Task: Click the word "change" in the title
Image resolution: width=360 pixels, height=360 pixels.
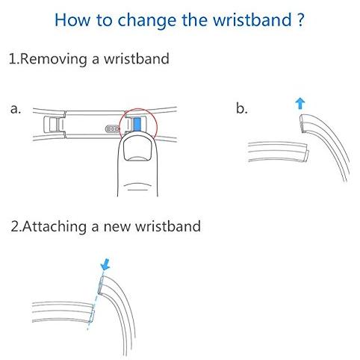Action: pyautogui.click(x=147, y=20)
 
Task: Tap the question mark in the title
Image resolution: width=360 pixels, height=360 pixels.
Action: pyautogui.click(x=300, y=19)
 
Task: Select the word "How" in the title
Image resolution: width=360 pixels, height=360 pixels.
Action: pyautogui.click(x=72, y=19)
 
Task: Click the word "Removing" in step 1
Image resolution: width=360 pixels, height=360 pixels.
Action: pyautogui.click(x=54, y=59)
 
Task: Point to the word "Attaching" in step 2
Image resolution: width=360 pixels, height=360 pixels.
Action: pyautogui.click(x=55, y=227)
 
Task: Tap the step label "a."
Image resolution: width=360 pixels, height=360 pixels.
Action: pyautogui.click(x=16, y=109)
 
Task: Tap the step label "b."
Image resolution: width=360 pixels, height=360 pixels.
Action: pyautogui.click(x=242, y=108)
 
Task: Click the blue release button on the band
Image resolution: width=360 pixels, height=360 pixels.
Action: pyautogui.click(x=137, y=124)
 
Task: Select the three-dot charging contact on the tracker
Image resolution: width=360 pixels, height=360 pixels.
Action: pyautogui.click(x=112, y=128)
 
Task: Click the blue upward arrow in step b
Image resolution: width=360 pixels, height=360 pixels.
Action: pyautogui.click(x=300, y=104)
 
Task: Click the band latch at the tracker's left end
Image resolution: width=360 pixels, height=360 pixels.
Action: pyautogui.click(x=54, y=125)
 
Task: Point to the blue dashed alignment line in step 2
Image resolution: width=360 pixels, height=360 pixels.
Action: pyautogui.click(x=95, y=301)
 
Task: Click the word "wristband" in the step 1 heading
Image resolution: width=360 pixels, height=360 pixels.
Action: pyautogui.click(x=137, y=59)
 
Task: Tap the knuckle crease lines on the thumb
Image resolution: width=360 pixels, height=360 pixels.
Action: pyautogui.click(x=137, y=187)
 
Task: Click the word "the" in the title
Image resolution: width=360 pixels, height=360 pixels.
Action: pyautogui.click(x=195, y=19)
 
